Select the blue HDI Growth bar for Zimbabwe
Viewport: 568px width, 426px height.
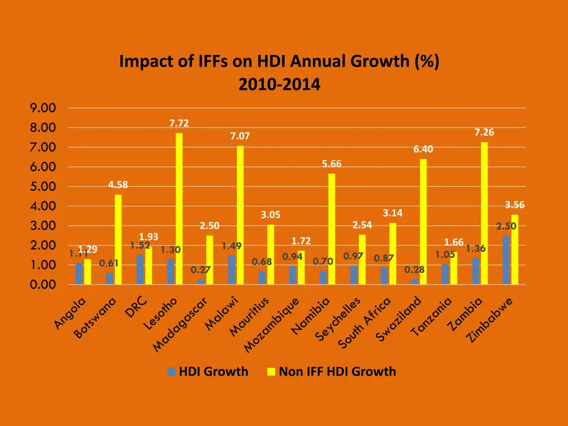pos(506,260)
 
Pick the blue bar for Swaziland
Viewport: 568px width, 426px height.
pos(414,282)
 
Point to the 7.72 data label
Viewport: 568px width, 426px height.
pos(179,123)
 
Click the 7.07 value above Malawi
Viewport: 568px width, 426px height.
pos(240,136)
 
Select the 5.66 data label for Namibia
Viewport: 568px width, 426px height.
pos(332,164)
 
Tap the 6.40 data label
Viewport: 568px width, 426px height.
pos(423,149)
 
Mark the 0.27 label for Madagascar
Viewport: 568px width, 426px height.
pos(200,270)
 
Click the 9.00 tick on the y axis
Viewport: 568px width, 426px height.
pos(43,108)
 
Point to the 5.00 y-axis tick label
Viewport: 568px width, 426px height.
pos(43,186)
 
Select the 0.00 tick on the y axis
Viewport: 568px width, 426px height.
pos(43,285)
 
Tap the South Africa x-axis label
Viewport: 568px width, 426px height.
pos(365,323)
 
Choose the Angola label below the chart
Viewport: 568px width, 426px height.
pos(71,313)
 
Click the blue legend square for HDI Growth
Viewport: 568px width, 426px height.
pos(172,372)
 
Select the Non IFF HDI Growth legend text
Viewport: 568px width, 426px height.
pos(337,372)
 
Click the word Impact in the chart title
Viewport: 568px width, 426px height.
pos(144,61)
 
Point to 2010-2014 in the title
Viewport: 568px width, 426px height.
pos(279,85)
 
